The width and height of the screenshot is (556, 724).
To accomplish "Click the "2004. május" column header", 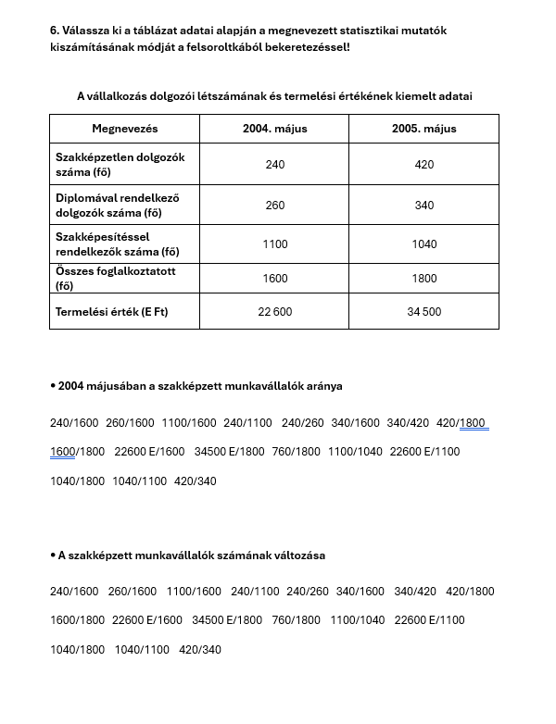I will [275, 128].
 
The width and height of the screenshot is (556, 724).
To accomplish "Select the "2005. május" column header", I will [424, 128].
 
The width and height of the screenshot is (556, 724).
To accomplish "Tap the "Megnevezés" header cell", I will [125, 128].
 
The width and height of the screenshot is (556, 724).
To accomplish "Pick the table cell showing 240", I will [275, 165].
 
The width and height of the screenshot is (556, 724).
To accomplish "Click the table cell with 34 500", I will [424, 312].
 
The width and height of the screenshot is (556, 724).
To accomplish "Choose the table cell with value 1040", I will [424, 244].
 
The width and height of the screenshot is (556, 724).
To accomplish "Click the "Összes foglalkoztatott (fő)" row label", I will [115, 279].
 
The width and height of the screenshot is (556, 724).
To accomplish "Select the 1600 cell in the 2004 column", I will [275, 279].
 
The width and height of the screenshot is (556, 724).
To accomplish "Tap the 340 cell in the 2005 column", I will [424, 206].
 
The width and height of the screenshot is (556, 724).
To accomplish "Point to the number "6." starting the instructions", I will [55, 31].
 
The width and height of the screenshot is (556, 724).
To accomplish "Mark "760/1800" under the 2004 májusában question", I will [297, 453].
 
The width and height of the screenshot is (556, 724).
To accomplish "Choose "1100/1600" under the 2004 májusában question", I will [188, 423].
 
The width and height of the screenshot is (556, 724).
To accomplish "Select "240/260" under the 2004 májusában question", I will [303, 423].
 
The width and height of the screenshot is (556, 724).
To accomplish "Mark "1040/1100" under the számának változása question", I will [142, 650].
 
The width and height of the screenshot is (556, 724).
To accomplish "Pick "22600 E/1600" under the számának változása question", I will [147, 620].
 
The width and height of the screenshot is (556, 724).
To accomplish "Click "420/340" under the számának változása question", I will [200, 650].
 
